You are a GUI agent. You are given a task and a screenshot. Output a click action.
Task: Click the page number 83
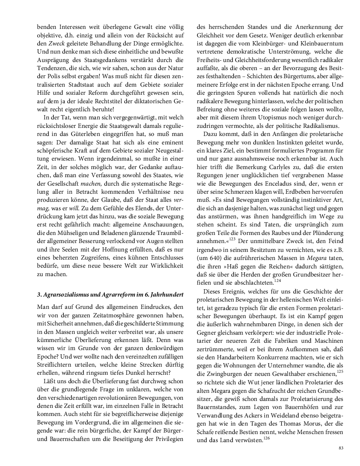pos(341,448)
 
